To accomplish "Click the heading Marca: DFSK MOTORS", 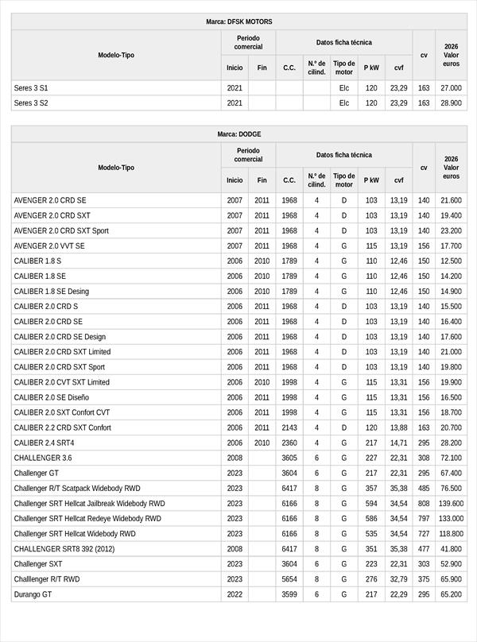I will point(238,22).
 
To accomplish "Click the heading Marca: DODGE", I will point(238,134).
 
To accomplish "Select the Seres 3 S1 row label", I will point(31,88).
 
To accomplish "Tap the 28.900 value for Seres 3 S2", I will point(451,103).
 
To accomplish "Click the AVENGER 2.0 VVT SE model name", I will point(49,246).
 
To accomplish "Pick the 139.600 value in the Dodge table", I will point(451,504).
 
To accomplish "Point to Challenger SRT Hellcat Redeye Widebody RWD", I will point(87,519).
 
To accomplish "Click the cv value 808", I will point(424,504).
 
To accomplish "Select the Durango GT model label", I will point(33,594).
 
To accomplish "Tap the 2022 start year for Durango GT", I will point(235,594).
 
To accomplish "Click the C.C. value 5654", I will point(289,579).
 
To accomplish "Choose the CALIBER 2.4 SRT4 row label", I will point(44,443).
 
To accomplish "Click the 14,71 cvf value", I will point(398,443).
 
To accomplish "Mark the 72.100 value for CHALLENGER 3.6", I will point(451,458).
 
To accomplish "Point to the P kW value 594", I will point(371,504).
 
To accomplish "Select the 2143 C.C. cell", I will point(289,427).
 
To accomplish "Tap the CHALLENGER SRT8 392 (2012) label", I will point(64,549).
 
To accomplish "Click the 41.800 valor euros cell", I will point(451,549).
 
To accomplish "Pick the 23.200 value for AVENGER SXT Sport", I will point(451,231).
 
